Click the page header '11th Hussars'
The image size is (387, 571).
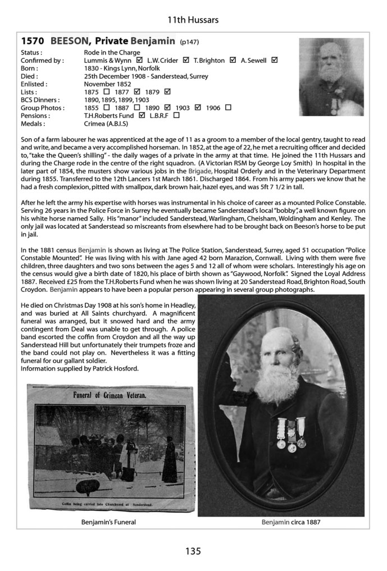point(193,20)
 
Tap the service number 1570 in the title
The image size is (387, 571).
point(33,41)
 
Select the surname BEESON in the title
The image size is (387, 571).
point(70,41)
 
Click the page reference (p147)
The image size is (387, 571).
point(189,42)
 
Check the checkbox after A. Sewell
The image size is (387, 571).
point(275,60)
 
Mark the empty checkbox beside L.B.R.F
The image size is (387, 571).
point(177,115)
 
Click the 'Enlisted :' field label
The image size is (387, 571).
point(33,84)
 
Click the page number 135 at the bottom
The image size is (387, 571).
point(193,551)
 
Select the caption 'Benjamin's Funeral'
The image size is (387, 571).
point(108,522)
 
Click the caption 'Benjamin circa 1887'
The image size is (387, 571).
point(290,522)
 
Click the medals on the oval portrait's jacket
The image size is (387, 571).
point(292,433)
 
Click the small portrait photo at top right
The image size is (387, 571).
point(331,77)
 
